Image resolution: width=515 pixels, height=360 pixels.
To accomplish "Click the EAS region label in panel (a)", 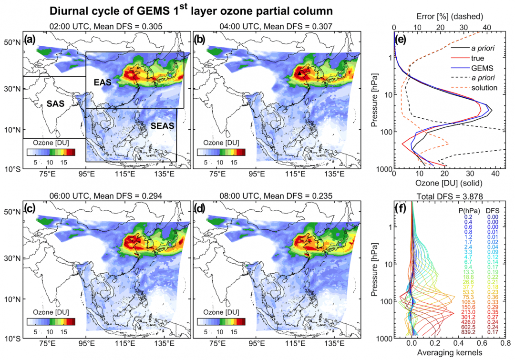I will tap(102, 82).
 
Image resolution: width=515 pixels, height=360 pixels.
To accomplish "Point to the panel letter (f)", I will tap(401, 208).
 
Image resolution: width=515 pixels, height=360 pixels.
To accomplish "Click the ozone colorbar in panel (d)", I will tap(220, 321).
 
